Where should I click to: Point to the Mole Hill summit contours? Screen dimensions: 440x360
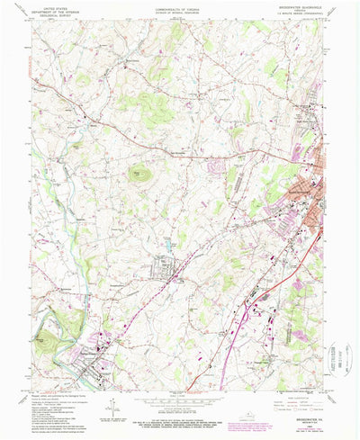click(139, 172)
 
